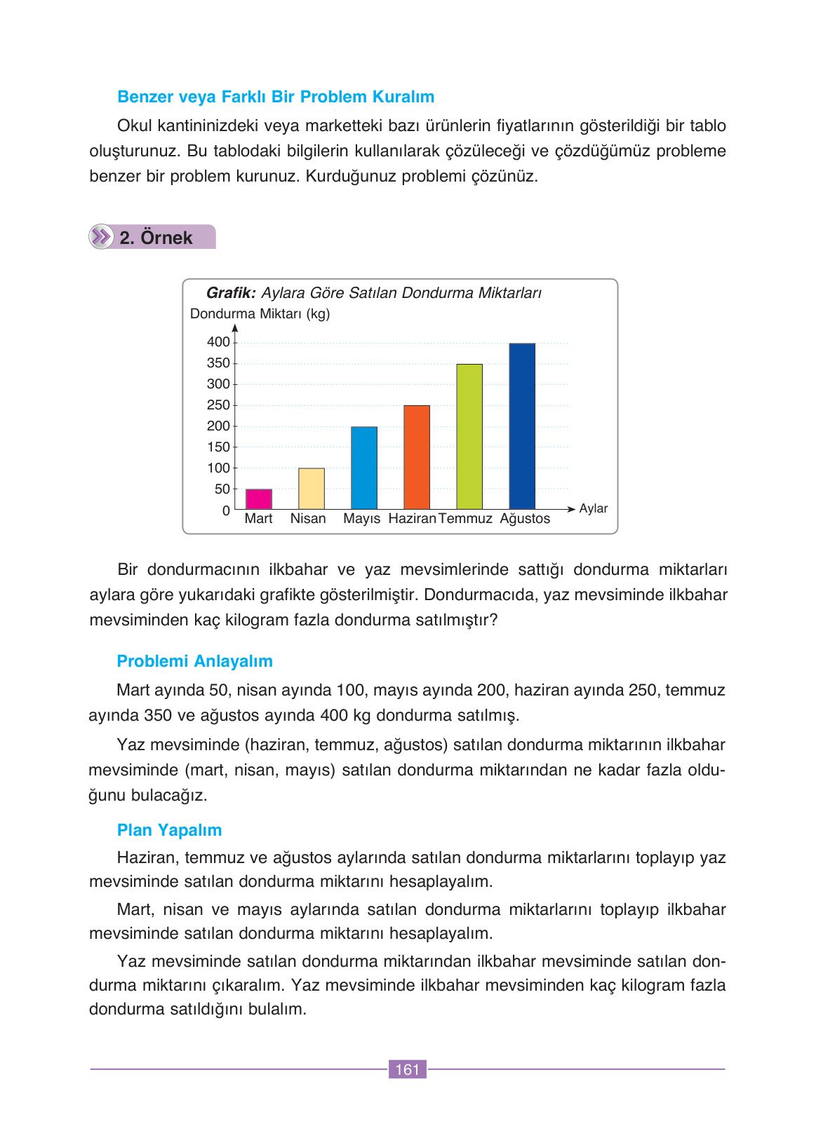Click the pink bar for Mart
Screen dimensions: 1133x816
[258, 499]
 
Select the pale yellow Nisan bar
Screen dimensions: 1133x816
[311, 489]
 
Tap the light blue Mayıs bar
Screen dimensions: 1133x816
[363, 468]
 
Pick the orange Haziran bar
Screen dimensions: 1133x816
[416, 457]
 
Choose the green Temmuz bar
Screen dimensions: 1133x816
[469, 436]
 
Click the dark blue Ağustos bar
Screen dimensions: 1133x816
[521, 426]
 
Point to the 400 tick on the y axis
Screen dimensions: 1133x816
[218, 342]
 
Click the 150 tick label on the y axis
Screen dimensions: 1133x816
[218, 447]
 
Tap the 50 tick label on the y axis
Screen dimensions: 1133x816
[222, 489]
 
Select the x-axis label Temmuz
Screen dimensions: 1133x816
[465, 519]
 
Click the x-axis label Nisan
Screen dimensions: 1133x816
[308, 519]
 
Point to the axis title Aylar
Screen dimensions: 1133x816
[593, 508]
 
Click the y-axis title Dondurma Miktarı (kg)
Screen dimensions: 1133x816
[260, 314]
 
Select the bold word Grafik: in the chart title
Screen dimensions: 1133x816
[231, 293]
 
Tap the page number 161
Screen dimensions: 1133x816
[407, 1069]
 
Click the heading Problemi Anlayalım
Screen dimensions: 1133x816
[194, 661]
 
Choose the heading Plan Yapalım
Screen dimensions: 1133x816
[169, 830]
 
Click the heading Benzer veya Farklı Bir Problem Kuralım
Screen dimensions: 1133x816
[276, 97]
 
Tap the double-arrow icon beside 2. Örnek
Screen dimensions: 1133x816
[102, 237]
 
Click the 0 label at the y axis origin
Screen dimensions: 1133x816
[226, 511]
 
